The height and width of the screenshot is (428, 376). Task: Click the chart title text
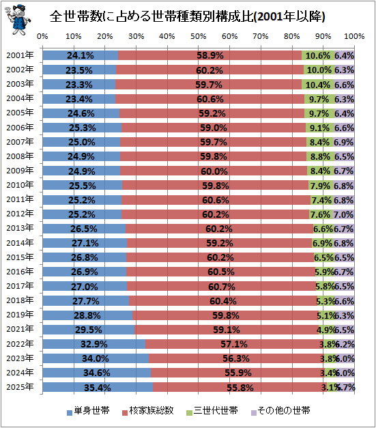[x=187, y=16]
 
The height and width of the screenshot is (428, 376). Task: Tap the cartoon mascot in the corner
[x=18, y=20]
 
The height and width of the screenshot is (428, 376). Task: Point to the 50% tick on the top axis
[x=199, y=36]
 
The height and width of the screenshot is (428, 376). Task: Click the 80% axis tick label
[x=291, y=36]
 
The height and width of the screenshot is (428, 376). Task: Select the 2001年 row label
[x=20, y=55]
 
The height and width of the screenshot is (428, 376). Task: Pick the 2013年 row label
[x=20, y=228]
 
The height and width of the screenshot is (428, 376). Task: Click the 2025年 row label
[x=20, y=387]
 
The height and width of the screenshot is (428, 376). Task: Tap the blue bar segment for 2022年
[x=94, y=344]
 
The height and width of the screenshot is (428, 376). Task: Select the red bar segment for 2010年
[x=215, y=186]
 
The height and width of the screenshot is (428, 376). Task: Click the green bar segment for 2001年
[x=318, y=55]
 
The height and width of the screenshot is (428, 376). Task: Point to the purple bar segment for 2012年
[x=343, y=214]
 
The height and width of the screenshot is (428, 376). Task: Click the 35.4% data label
[x=98, y=388]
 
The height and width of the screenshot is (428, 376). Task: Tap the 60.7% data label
[x=222, y=287]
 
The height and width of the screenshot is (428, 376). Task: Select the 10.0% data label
[x=319, y=70]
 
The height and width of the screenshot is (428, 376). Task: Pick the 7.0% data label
[x=343, y=214]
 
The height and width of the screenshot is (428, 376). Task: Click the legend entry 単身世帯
[x=88, y=410]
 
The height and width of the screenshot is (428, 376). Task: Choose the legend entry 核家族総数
[x=148, y=410]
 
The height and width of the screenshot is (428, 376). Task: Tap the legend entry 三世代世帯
[x=212, y=410]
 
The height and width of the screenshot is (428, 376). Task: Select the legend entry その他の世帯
[x=280, y=410]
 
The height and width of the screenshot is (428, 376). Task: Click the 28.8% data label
[x=87, y=315]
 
